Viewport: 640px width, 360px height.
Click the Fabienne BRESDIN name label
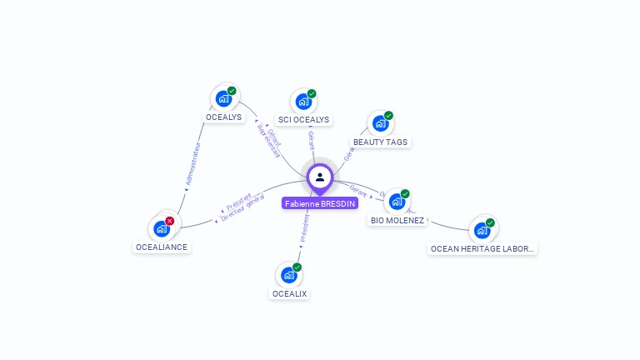[320, 203]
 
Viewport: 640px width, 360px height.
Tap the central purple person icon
[320, 177]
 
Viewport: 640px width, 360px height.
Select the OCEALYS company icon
[223, 98]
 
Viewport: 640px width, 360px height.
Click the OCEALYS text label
[223, 117]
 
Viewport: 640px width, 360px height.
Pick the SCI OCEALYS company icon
[303, 102]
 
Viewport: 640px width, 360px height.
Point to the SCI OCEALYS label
[303, 120]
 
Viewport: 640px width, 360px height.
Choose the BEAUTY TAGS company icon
[381, 123]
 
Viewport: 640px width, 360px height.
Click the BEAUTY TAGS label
[381, 142]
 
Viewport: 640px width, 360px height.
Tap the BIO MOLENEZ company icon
[397, 202]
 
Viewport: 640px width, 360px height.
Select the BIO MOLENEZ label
[397, 221]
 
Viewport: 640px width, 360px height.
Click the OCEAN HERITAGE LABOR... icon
[482, 230]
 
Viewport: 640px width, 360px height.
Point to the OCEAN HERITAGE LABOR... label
[482, 248]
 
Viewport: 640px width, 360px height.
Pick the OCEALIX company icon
[288, 275]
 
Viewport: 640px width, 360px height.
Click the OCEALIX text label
[289, 294]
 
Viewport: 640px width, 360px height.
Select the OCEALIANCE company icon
[161, 228]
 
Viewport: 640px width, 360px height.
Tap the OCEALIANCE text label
[162, 247]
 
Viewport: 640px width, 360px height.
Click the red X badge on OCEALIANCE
[170, 221]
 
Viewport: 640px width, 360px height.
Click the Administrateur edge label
[192, 164]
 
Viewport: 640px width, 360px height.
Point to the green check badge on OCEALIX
[297, 267]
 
